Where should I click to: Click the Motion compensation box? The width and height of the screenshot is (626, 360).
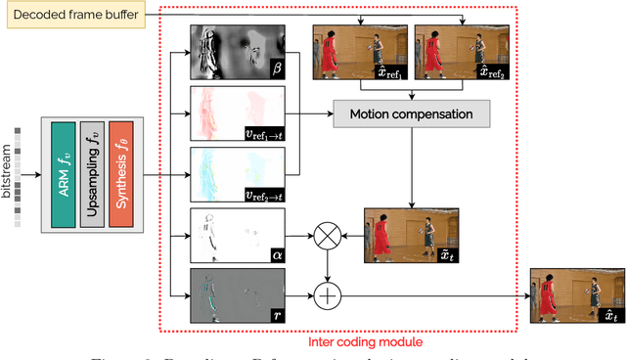pos(411,114)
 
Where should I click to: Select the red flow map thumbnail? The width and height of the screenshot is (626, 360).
pos(235,112)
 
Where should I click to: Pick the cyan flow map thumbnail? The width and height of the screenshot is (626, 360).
pos(235,173)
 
